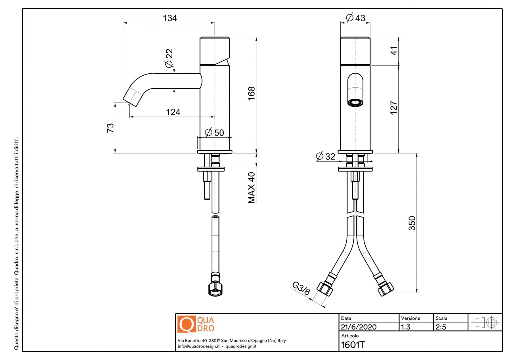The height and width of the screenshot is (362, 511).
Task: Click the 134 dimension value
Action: (170, 18)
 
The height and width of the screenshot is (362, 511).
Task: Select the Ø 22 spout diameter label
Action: (169, 58)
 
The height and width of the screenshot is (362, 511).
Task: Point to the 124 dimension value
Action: (173, 112)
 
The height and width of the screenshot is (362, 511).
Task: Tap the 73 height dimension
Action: (110, 128)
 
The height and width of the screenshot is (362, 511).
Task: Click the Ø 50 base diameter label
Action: (214, 133)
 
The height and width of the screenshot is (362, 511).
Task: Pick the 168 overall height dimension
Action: (252, 94)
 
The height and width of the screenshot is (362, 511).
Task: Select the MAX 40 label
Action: (252, 188)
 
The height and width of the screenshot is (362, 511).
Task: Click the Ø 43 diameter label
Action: (355, 18)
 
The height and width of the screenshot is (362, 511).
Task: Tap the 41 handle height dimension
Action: (394, 51)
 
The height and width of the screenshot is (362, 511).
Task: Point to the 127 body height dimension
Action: (394, 108)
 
